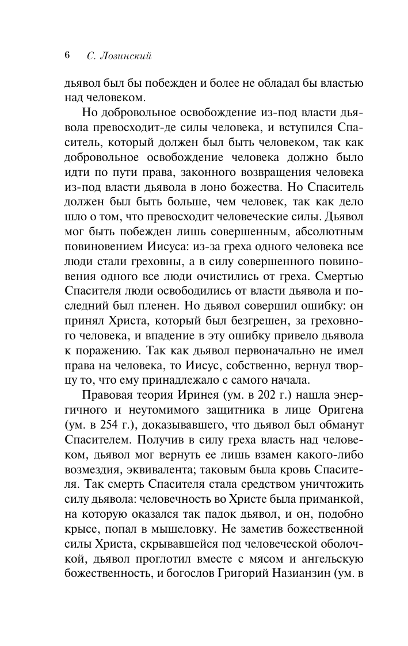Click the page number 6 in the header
[67, 56]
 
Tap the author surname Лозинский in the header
[127, 56]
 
